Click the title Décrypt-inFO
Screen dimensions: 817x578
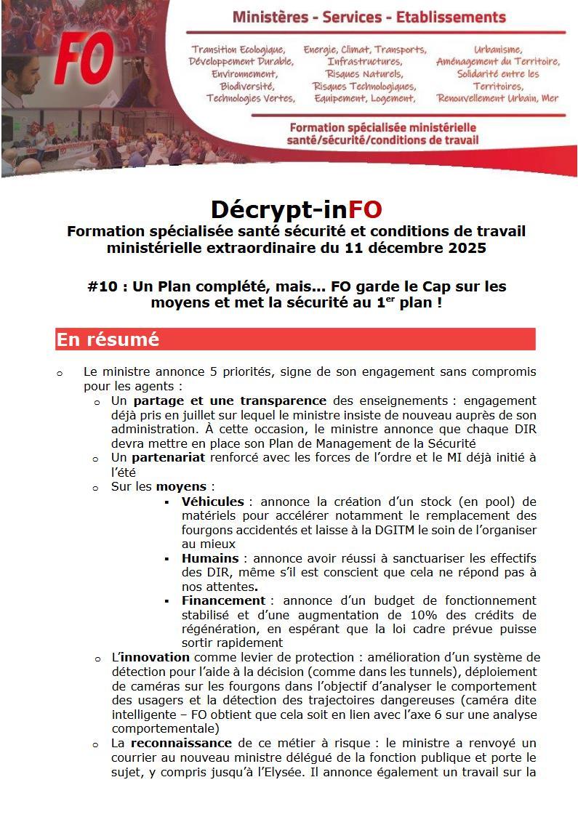(296, 209)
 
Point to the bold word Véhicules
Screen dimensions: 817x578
(212, 502)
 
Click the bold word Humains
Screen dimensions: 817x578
(209, 558)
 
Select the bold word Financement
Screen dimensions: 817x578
(223, 600)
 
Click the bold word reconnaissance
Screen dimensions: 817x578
(181, 743)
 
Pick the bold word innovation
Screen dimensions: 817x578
(154, 657)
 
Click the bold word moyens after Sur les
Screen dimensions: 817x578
(182, 486)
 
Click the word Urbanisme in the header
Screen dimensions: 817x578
(498, 49)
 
